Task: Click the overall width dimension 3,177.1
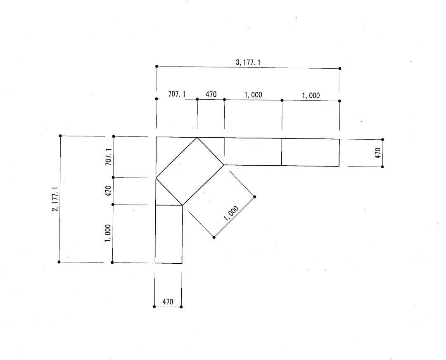[248, 62]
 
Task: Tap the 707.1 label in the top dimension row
[177, 94]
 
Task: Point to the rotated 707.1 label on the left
[109, 157]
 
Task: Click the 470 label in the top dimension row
[211, 95]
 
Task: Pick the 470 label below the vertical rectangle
[168, 302]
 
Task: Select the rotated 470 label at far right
[377, 153]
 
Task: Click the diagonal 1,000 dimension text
[230, 213]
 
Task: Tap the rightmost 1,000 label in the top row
[311, 95]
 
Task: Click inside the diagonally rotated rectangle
[190, 172]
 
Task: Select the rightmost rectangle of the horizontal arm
[310, 152]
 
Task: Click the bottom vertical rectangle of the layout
[168, 234]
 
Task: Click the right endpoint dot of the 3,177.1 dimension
[340, 69]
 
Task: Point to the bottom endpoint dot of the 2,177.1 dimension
[59, 262]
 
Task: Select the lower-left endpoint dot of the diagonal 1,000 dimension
[214, 237]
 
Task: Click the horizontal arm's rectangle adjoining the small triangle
[253, 152]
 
